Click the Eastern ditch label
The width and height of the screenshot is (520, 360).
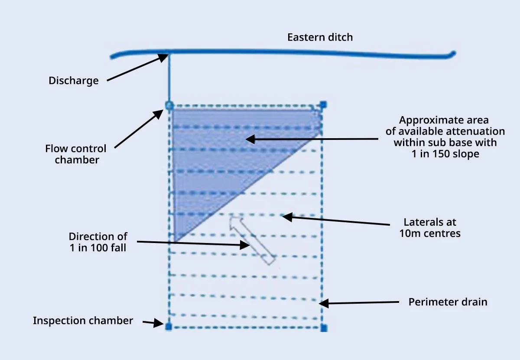[320, 37]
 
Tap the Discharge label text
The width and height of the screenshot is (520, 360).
[73, 81]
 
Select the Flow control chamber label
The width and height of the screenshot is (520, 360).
[75, 154]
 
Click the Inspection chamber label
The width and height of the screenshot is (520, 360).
[83, 321]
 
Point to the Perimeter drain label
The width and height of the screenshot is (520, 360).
[448, 302]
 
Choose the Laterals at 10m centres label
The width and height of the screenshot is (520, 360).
[430, 228]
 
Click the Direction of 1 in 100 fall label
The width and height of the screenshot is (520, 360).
[98, 242]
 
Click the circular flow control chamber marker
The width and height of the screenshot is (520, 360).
[169, 105]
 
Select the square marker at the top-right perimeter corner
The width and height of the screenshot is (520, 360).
[323, 104]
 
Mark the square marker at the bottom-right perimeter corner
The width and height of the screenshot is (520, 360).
[323, 328]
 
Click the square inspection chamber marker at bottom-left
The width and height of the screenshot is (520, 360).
[169, 327]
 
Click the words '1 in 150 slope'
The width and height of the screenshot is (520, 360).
[445, 153]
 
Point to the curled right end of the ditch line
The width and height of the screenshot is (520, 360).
[452, 54]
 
